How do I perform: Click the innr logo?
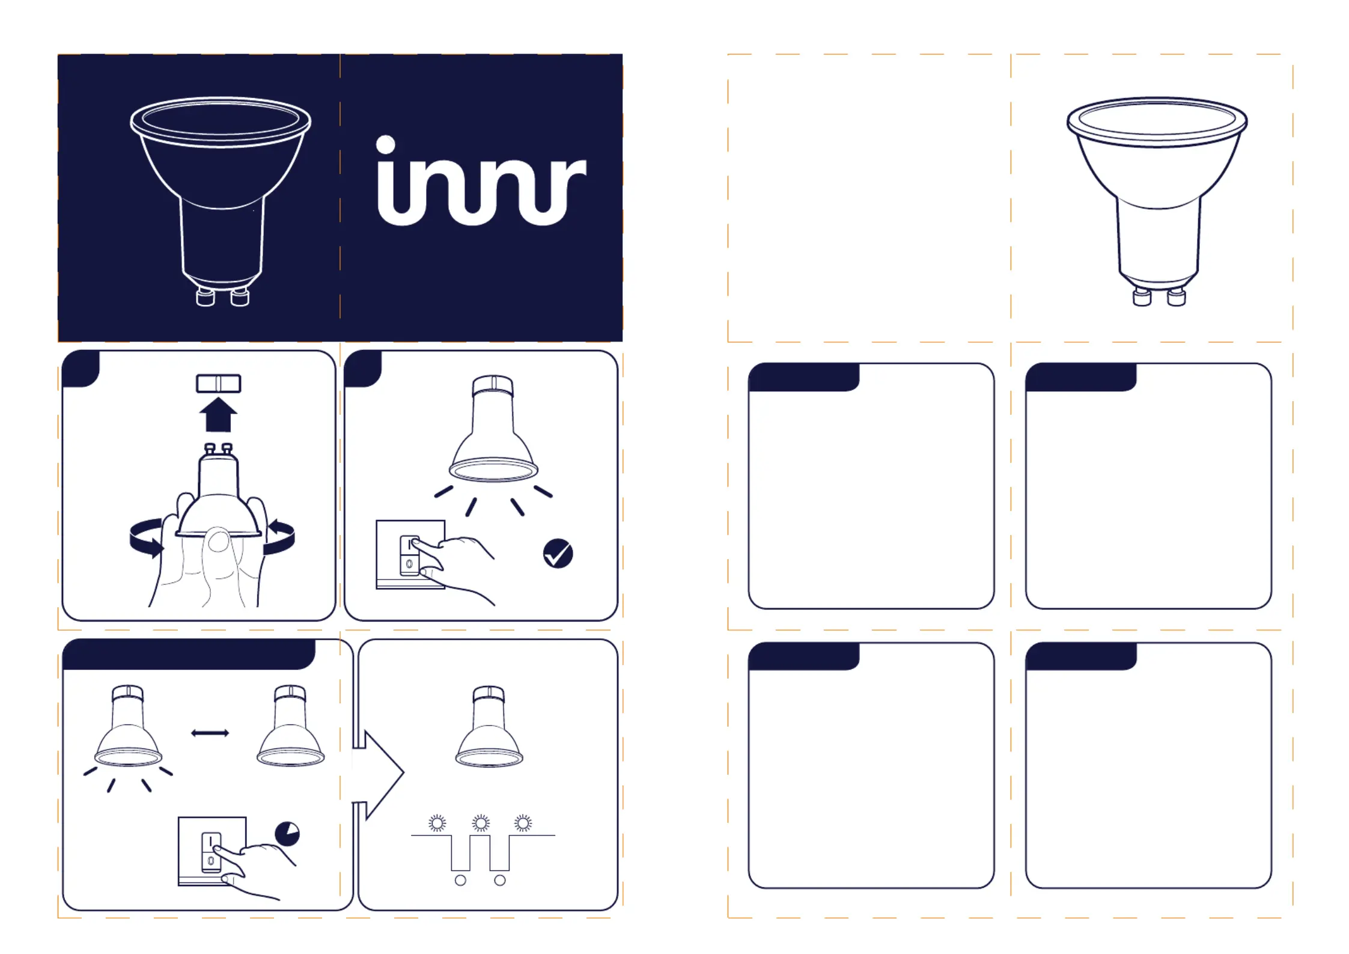click(x=481, y=183)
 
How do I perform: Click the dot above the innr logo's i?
click(x=386, y=144)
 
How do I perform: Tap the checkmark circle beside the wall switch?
click(x=558, y=554)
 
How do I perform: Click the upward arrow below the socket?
click(x=218, y=415)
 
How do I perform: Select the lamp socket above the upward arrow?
click(x=219, y=384)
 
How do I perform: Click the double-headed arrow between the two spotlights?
click(x=210, y=733)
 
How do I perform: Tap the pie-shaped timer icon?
click(x=287, y=834)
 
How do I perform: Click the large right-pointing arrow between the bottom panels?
click(x=379, y=774)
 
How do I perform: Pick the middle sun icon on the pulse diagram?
click(x=481, y=823)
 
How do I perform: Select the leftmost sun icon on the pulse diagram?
click(x=437, y=823)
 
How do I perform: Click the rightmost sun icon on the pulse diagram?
click(x=523, y=823)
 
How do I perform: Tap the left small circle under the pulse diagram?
click(x=460, y=881)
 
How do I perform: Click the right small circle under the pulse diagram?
click(x=500, y=881)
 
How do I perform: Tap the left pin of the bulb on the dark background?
click(x=206, y=297)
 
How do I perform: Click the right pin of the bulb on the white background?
click(x=1177, y=297)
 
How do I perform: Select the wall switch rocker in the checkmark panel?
click(x=410, y=555)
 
